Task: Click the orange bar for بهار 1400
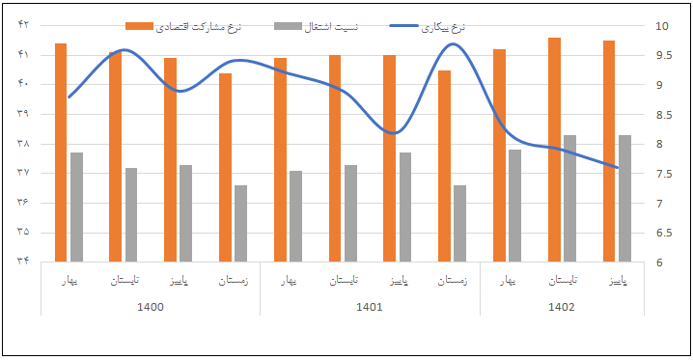pyautogui.click(x=61, y=152)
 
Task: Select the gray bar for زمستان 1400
pyautogui.click(x=240, y=223)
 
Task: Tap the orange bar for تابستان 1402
pyautogui.click(x=554, y=149)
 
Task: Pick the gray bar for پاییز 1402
pyautogui.click(x=624, y=198)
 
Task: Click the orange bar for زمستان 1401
pyautogui.click(x=444, y=165)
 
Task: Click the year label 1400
pyautogui.click(x=151, y=308)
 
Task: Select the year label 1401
pyautogui.click(x=370, y=308)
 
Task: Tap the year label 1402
pyautogui.click(x=561, y=308)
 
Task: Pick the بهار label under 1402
pyautogui.click(x=507, y=281)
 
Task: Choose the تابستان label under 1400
pyautogui.click(x=123, y=281)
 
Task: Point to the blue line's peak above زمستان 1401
pyautogui.click(x=455, y=44)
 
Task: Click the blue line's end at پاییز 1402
pyautogui.click(x=617, y=167)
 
